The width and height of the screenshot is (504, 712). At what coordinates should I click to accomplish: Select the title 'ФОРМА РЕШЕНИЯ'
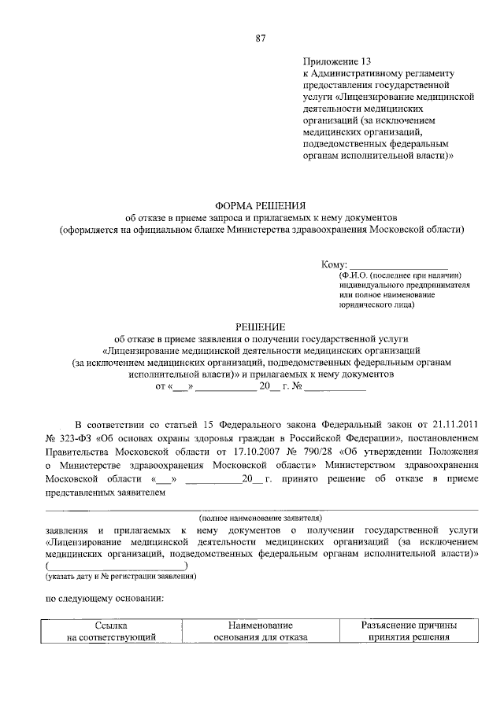tap(261, 204)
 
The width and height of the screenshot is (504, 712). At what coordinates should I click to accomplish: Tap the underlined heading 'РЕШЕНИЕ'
tap(261, 325)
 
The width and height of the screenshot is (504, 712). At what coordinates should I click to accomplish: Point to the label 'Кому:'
tap(334, 264)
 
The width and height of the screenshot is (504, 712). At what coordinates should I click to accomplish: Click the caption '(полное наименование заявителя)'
tap(261, 518)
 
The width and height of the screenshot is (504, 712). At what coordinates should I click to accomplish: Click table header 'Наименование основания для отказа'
tap(260, 631)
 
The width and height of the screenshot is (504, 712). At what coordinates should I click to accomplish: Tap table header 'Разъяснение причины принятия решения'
tap(409, 631)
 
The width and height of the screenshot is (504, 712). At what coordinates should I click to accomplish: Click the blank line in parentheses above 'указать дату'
tap(117, 566)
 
